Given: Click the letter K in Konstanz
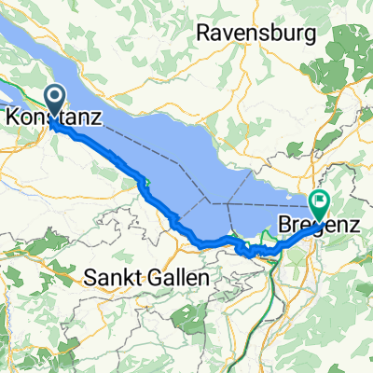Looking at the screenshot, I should point(11,118).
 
